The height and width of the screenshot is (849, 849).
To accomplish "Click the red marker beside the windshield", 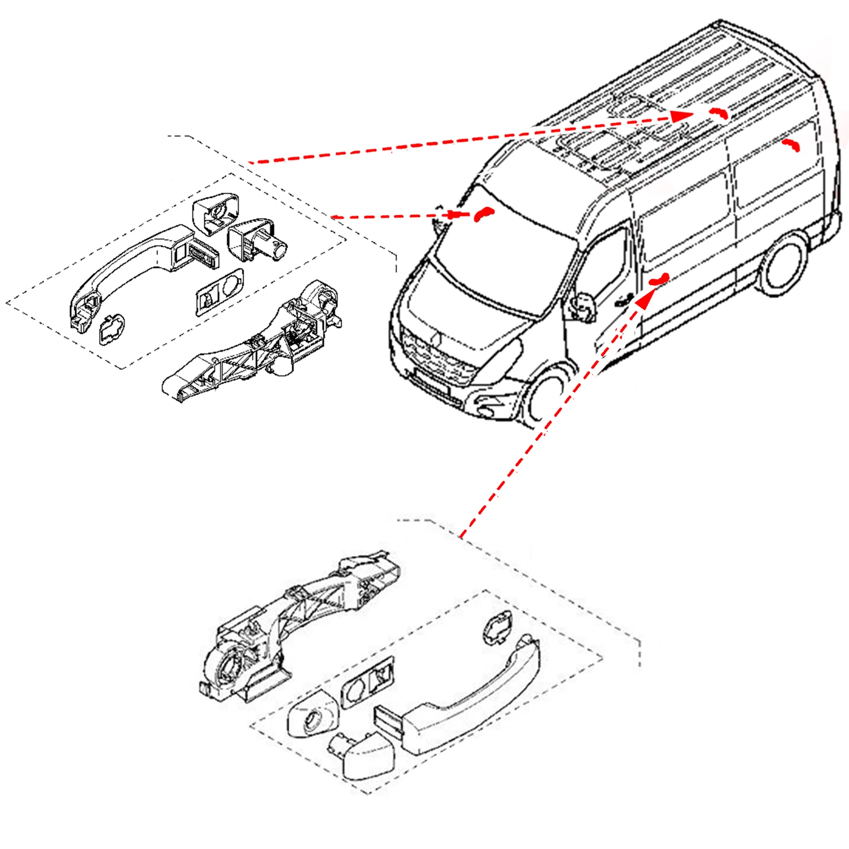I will (483, 213).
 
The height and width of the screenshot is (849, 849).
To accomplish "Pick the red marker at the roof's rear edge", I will (719, 112).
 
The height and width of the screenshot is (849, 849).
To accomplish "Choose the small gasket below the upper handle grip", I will (111, 330).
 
